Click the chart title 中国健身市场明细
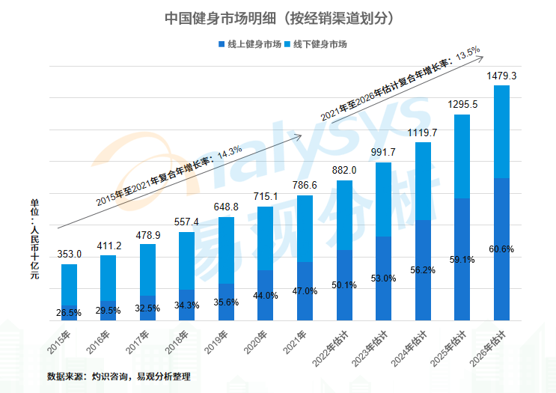pos(278,16)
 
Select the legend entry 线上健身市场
pos(250,45)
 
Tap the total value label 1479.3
pos(501,76)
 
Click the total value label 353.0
pos(69,255)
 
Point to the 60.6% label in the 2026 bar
pos(501,249)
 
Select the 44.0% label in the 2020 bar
pos(265,296)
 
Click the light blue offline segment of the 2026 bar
pos(501,131)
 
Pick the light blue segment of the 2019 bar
pos(226,251)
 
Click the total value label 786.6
pos(305,186)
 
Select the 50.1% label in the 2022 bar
pos(344,284)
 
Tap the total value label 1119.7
pos(423,132)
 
